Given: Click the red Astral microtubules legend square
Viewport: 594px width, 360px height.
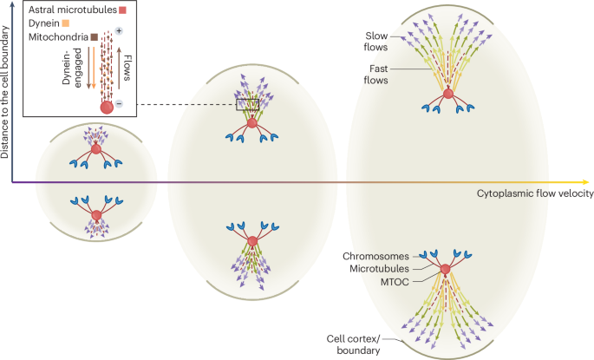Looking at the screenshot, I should tap(123, 11).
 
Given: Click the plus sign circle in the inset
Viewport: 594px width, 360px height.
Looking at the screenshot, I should tap(118, 31).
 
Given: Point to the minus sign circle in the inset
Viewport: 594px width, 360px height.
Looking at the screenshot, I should tap(119, 104).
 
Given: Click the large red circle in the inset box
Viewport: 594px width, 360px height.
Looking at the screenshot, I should tap(108, 108).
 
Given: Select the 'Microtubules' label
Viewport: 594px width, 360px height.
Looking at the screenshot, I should tap(381, 268).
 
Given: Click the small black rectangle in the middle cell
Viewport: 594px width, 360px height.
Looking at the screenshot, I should tap(248, 106).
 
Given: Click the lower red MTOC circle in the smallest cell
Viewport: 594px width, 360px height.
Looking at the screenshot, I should tap(96, 215).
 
